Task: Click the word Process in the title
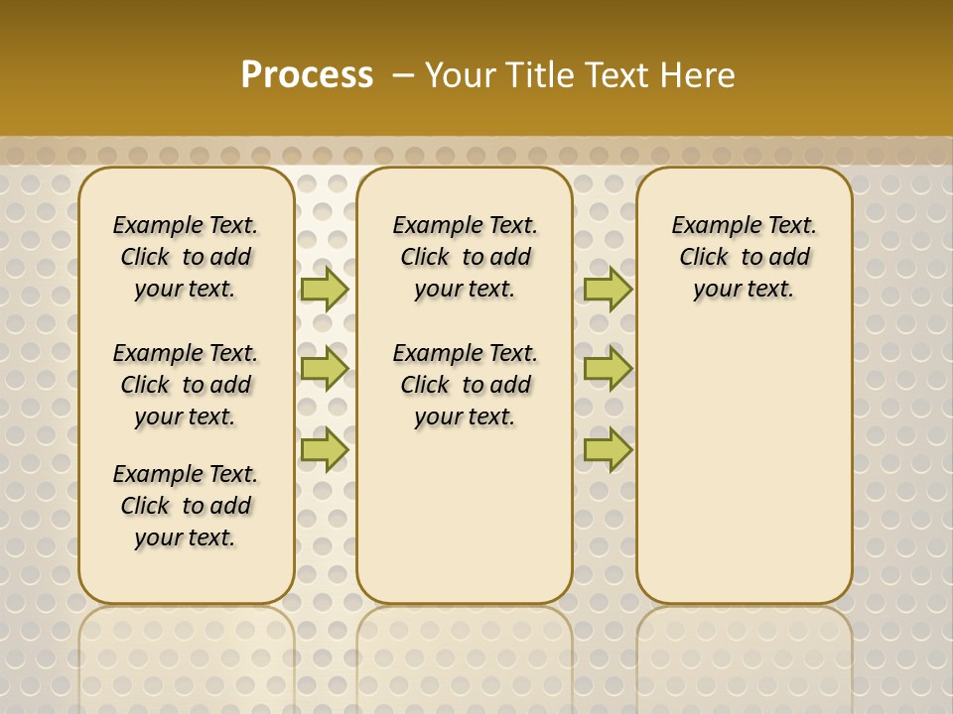pos(307,75)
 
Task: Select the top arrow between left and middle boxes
pos(324,289)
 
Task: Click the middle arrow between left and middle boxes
pos(324,369)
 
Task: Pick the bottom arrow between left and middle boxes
pos(324,450)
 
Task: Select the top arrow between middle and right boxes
pos(608,289)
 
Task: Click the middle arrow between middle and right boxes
pos(608,369)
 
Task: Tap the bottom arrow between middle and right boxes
pos(608,450)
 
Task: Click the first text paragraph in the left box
pos(186,257)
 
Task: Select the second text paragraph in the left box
pos(186,385)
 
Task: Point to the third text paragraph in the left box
pos(186,506)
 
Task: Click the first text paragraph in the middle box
pos(466,257)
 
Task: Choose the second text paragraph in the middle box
pos(466,385)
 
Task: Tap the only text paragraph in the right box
pos(745,257)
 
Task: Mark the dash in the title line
pos(403,75)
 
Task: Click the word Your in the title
pos(461,75)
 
